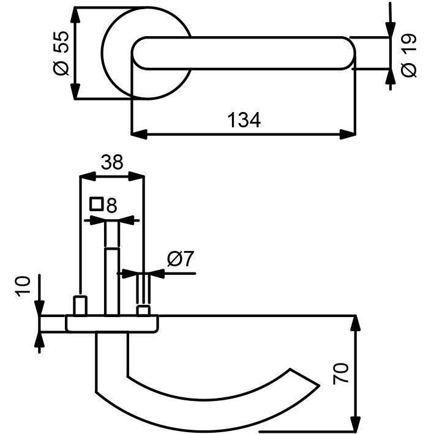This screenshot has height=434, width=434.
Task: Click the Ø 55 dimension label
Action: pos(61,53)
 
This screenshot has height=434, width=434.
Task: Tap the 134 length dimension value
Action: pos(244,121)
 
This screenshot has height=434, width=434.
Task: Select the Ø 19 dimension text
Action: pos(408,55)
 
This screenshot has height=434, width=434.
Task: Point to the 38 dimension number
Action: pos(112,162)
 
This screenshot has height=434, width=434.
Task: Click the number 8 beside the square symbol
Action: pos(111,206)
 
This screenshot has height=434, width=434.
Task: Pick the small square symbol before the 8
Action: pos(97,204)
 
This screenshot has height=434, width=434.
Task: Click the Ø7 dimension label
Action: pos(181,258)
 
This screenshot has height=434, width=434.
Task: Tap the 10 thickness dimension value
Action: pos(23,286)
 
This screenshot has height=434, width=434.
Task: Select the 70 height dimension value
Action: pos(340,373)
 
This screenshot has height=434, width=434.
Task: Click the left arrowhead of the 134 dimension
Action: pos(139,135)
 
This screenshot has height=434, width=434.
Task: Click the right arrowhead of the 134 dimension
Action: pos(348,135)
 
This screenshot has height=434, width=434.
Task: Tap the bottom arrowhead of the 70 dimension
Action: pos(356,425)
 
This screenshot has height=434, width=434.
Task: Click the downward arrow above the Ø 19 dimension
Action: pos(391,20)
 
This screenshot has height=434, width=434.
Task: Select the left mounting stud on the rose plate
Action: pos(80,305)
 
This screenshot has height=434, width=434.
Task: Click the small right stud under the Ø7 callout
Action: pos(143,310)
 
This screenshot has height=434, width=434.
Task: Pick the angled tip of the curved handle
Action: pos(304,376)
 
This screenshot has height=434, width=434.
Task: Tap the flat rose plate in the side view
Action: pos(112,324)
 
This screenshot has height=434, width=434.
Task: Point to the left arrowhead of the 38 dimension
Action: pos(88,176)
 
